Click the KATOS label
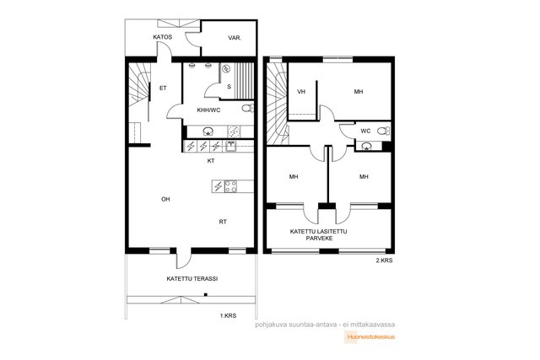pos(163,37)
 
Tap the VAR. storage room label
pos(235,38)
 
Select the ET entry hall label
pos(163,89)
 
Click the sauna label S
pos(229,87)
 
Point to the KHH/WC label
pos(208,110)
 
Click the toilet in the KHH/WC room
pos(248,109)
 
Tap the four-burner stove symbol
pos(230,186)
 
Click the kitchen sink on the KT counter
pos(231,146)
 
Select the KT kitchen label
pos(211,161)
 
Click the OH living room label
pos(165,199)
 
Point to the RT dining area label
pos(223,222)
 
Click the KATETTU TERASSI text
pos(192,279)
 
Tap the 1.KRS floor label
pos(229,315)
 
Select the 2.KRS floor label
pos(384,261)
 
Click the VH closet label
pos(301,92)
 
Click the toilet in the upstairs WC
pos(384,132)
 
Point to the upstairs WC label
pos(365,132)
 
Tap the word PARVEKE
pos(319,238)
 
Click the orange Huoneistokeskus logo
pos(370,337)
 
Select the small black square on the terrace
pos(206,294)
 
